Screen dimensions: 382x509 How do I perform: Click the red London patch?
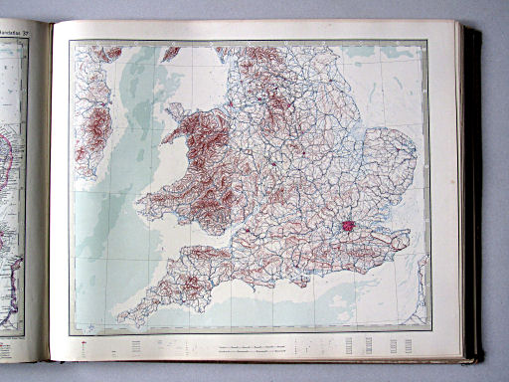tap(349, 226)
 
